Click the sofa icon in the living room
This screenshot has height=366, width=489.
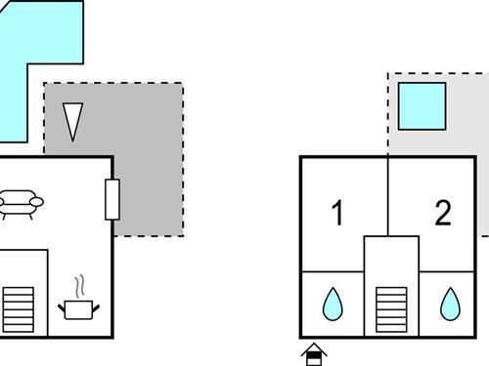click(x=21, y=202)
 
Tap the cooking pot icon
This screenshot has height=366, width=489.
click(x=79, y=308)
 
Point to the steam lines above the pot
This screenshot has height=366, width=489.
click(x=81, y=286)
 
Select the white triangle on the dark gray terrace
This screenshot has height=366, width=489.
click(x=71, y=121)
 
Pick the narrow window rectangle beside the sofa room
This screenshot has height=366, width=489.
click(x=111, y=199)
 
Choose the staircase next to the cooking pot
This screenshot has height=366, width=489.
click(x=19, y=308)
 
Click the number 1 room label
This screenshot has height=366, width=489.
click(x=337, y=214)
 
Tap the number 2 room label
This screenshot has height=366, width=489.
click(x=443, y=214)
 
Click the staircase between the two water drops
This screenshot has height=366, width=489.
click(x=390, y=308)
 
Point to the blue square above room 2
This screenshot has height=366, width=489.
click(x=422, y=106)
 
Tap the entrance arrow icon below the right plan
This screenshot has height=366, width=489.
click(x=314, y=353)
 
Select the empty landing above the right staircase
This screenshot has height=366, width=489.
click(x=390, y=258)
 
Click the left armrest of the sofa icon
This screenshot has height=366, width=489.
click(x=3, y=202)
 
